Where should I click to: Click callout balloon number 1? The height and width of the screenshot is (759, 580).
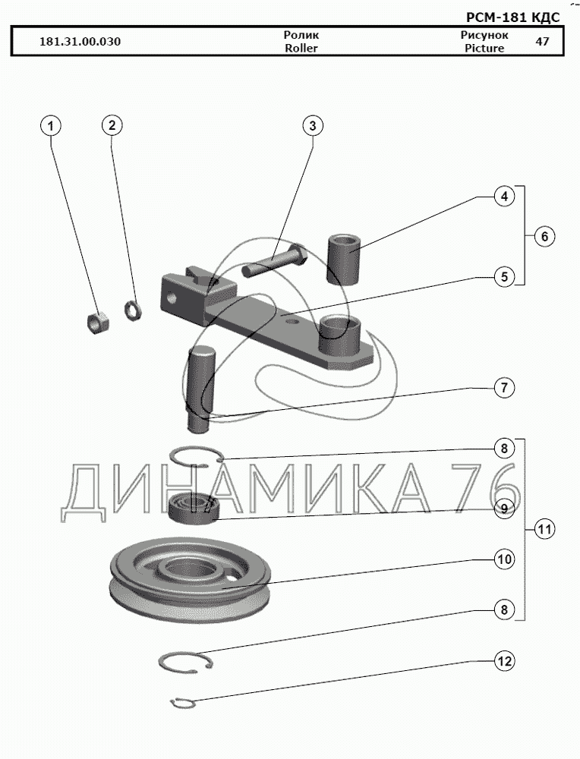[x=51, y=126]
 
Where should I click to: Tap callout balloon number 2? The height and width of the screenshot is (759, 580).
[x=112, y=126]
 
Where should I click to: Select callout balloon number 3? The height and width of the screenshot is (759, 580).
[x=312, y=126]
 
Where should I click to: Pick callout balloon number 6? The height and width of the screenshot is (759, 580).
[x=544, y=237]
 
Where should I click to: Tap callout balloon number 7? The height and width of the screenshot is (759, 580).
[x=503, y=388]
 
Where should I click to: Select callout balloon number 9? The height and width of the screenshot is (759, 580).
[x=503, y=509]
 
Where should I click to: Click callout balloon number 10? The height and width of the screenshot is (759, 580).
[x=503, y=559]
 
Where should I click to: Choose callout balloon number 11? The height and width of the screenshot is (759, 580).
[x=544, y=529]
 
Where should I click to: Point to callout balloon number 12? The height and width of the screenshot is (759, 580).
[x=503, y=661]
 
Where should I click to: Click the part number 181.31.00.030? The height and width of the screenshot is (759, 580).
[x=80, y=42]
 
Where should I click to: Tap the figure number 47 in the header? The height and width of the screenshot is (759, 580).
[x=542, y=42]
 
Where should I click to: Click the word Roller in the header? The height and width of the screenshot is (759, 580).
[x=301, y=48]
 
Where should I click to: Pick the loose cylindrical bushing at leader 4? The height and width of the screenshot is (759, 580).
[x=343, y=259]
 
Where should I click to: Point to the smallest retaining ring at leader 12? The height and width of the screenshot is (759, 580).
[x=183, y=704]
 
